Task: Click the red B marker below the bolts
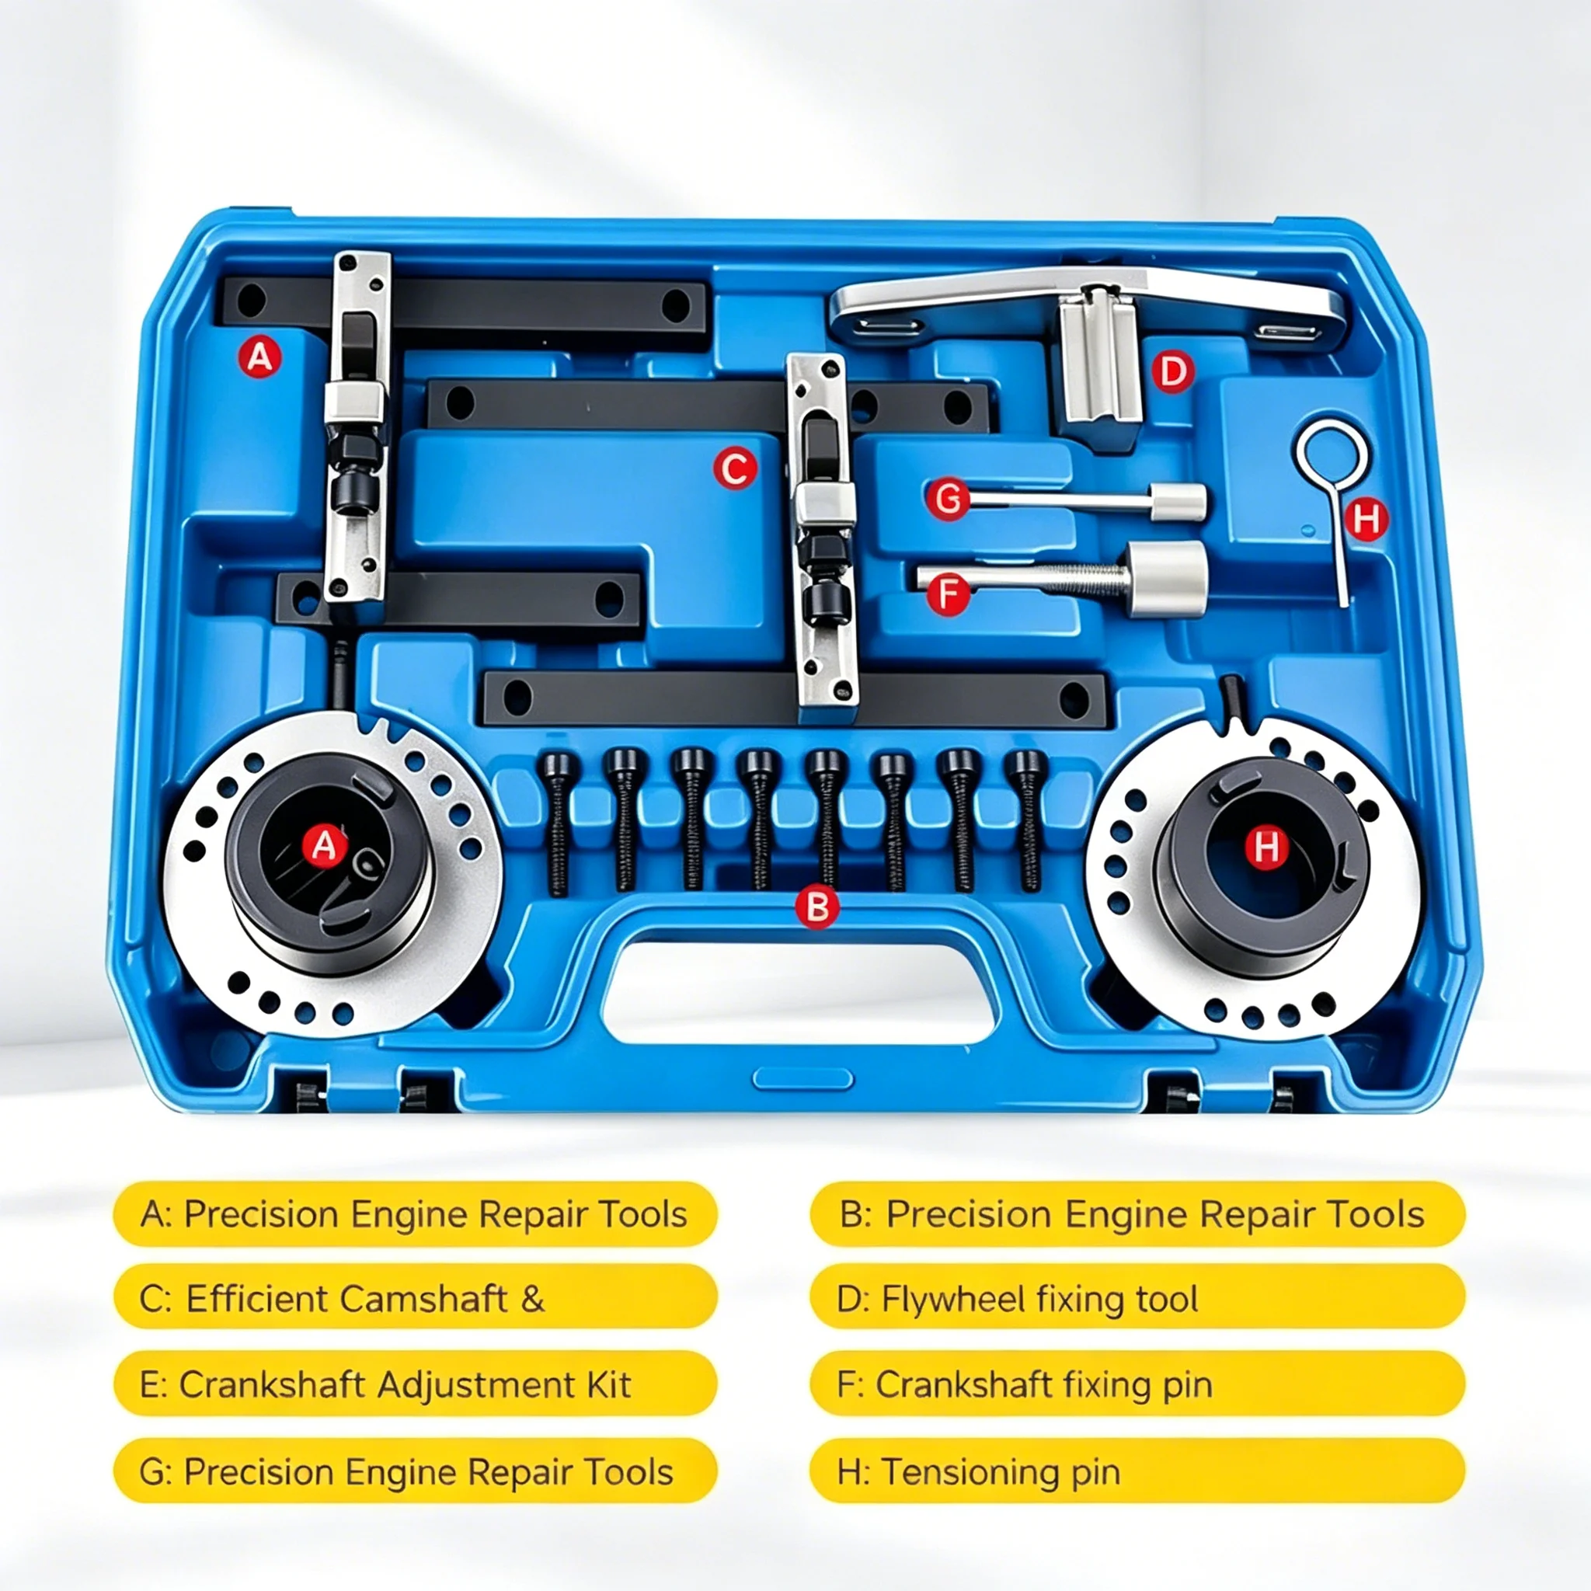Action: (x=817, y=907)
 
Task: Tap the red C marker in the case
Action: (x=735, y=468)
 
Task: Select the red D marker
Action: (x=1171, y=371)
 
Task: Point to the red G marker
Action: (x=948, y=499)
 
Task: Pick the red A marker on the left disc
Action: (x=324, y=845)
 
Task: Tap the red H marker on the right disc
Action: (x=1265, y=846)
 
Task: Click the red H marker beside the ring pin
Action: (x=1366, y=519)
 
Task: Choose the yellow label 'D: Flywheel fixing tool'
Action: (x=1137, y=1299)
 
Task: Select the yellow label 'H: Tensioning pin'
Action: (x=1137, y=1471)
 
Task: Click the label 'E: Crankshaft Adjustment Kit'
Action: (x=415, y=1384)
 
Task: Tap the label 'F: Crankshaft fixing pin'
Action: (x=1137, y=1384)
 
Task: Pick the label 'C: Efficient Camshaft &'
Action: (x=415, y=1299)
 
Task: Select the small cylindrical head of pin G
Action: (x=1178, y=502)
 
